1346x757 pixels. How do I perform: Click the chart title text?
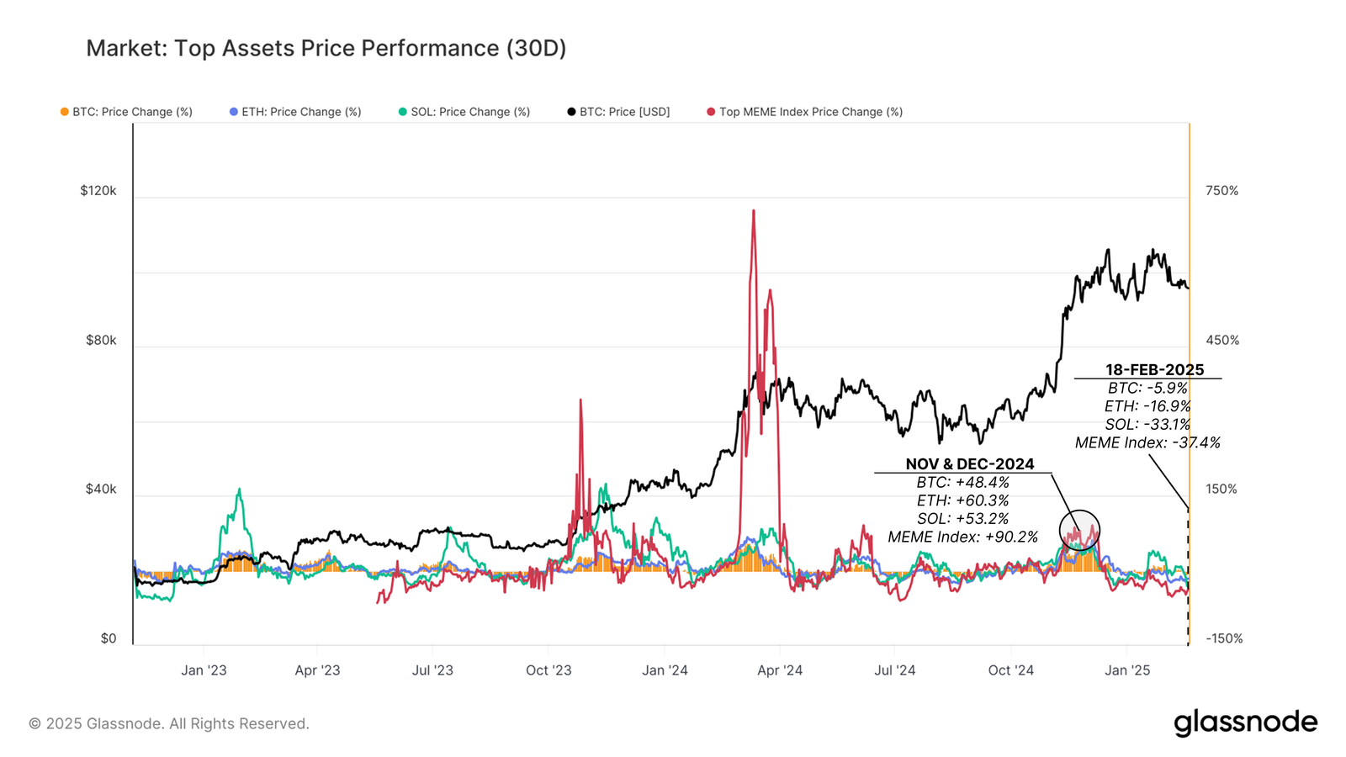(x=326, y=49)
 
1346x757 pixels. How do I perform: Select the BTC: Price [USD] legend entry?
(x=624, y=112)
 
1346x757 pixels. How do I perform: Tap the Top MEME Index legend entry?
(x=810, y=112)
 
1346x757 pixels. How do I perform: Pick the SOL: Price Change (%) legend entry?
(x=469, y=112)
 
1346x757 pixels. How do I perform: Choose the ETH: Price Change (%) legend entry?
(x=300, y=112)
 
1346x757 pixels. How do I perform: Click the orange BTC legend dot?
(x=65, y=112)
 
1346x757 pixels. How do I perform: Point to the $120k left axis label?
(x=98, y=191)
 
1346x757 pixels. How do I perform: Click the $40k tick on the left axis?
(x=101, y=490)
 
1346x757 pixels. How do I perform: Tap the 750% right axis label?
(x=1221, y=191)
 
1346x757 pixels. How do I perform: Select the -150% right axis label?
(x=1224, y=638)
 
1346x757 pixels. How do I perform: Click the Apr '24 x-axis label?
(x=780, y=670)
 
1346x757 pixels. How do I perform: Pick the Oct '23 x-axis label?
(x=548, y=670)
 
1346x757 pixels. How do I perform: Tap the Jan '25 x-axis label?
(x=1127, y=670)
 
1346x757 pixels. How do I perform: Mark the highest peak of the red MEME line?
(x=753, y=211)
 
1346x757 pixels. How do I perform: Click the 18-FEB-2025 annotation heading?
(x=1154, y=370)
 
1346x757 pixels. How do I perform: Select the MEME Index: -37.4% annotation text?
(x=1147, y=442)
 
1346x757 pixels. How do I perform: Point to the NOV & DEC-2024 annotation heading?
(x=969, y=464)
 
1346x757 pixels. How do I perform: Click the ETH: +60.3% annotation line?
(x=962, y=500)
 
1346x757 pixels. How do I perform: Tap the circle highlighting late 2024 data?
(x=1079, y=530)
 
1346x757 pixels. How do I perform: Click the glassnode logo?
(x=1245, y=723)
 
